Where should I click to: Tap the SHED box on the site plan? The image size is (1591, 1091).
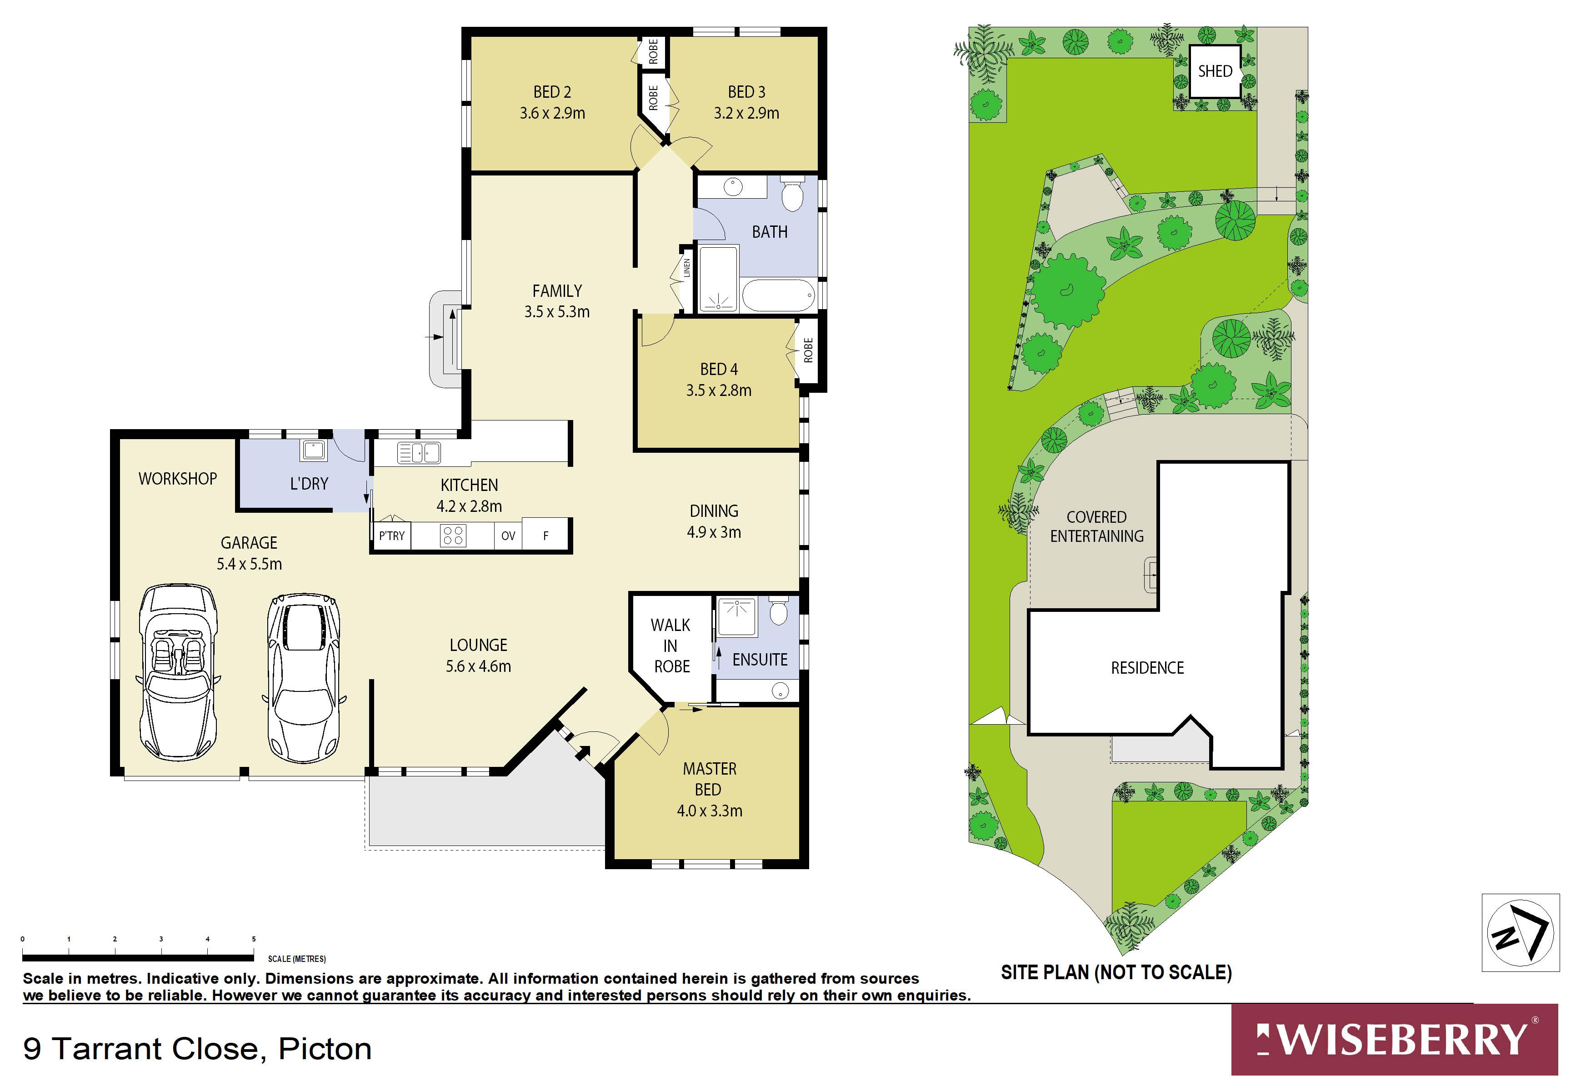click(1215, 71)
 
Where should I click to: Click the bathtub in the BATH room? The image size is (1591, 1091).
click(778, 295)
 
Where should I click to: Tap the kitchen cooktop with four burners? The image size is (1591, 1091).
click(452, 535)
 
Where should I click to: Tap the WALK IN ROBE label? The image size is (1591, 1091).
click(671, 646)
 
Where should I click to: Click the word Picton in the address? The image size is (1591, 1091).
click(325, 1049)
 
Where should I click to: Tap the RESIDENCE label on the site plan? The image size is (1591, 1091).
click(1147, 668)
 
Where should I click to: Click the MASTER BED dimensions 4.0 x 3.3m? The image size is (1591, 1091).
click(709, 811)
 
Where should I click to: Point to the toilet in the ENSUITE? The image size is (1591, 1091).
click(778, 611)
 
